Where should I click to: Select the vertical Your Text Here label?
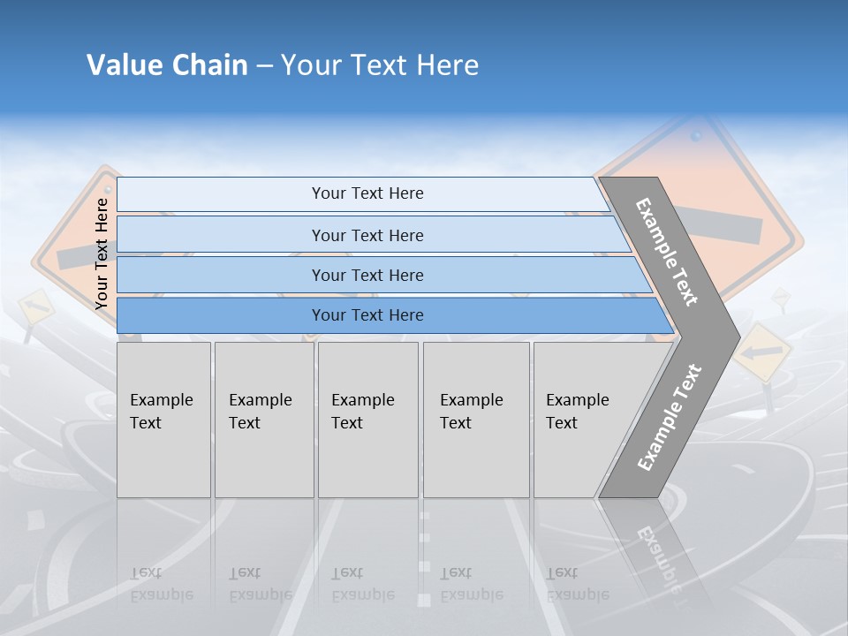point(102,254)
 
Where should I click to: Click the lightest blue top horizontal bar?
point(367,193)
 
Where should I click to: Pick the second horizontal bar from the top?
point(367,235)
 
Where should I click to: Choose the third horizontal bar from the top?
point(367,275)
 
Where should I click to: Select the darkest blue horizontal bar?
point(367,315)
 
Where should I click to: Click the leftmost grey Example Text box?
point(163,419)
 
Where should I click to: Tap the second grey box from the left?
point(263,419)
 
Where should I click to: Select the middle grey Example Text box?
point(367,419)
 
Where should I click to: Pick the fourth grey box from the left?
point(476,419)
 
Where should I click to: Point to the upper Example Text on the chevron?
point(667,252)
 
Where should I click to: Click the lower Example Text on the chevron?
point(669,418)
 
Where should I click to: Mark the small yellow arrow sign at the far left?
point(35,307)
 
